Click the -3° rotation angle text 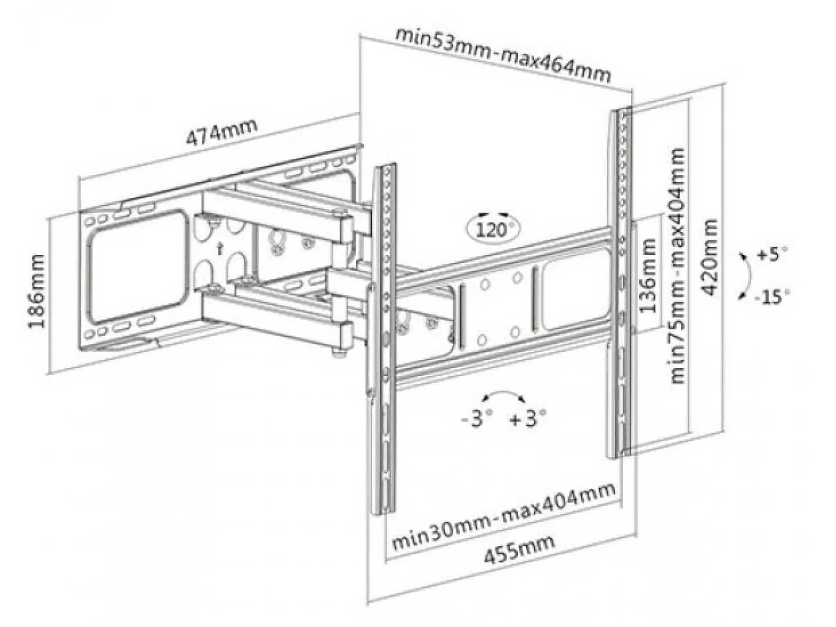(x=477, y=419)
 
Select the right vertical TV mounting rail (x=621, y=279)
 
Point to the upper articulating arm (x=279, y=209)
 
